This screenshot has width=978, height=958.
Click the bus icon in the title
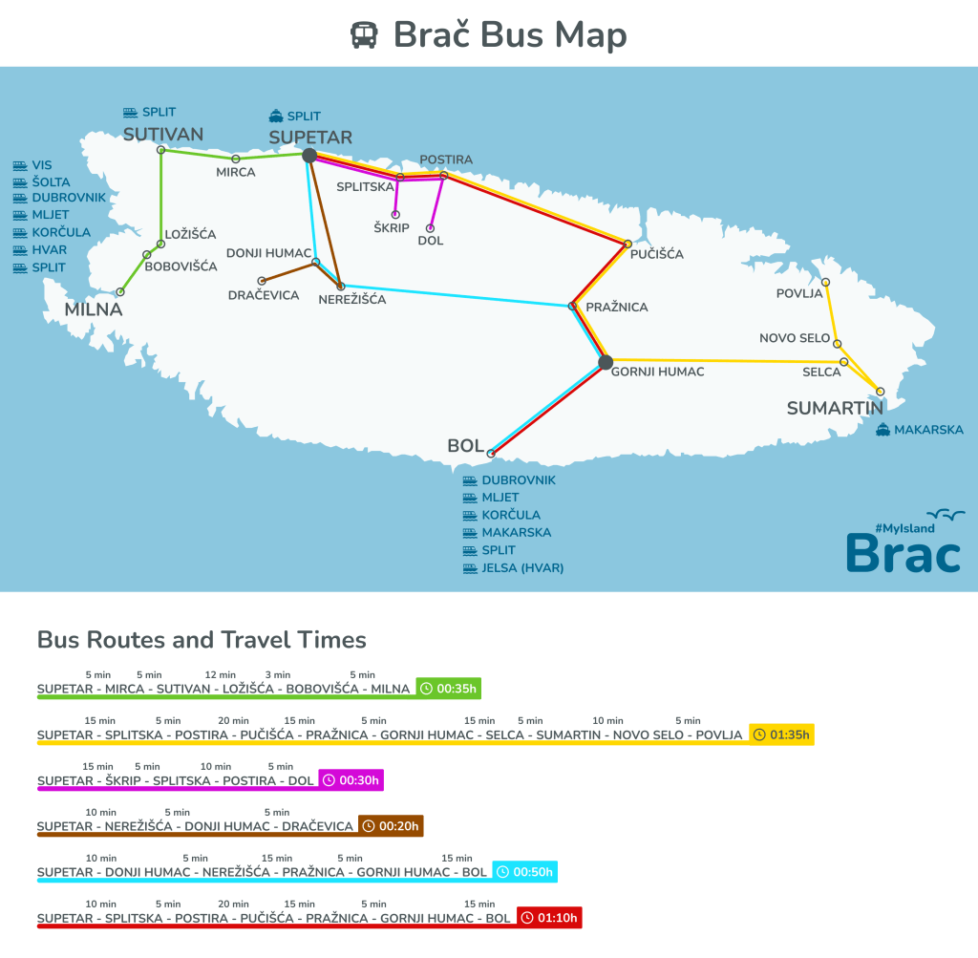(x=364, y=36)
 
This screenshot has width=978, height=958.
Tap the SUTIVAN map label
(x=163, y=134)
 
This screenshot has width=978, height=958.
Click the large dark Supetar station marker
(x=308, y=155)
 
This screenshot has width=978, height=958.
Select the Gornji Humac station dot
(x=605, y=361)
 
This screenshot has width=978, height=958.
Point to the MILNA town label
(x=94, y=309)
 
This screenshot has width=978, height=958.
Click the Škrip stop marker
(x=395, y=215)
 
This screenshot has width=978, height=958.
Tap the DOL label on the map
(x=431, y=242)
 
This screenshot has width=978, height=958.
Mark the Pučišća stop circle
(x=627, y=245)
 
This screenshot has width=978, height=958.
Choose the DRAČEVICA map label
(x=264, y=295)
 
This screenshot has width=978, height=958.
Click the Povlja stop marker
(x=825, y=283)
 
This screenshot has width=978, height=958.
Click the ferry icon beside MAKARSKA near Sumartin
(x=882, y=430)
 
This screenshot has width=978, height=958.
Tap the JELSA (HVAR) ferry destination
(x=522, y=567)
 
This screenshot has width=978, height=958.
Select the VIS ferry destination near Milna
(x=41, y=165)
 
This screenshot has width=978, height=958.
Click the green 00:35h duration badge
(x=448, y=688)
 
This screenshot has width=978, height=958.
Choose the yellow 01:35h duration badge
(x=781, y=734)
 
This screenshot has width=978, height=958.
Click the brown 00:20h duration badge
(x=391, y=825)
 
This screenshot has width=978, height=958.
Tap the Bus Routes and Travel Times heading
(x=202, y=640)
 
